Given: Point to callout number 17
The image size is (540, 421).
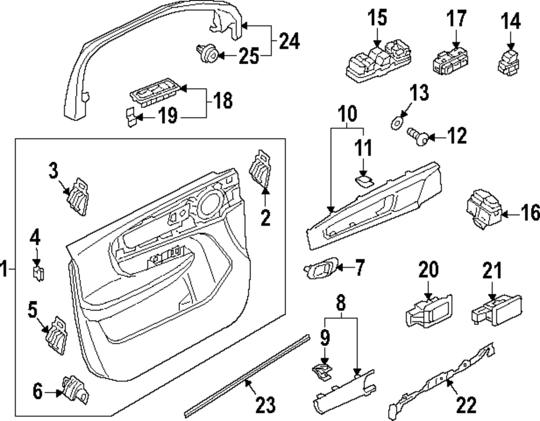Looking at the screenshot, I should click(x=456, y=19).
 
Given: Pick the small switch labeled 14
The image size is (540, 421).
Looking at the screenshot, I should click(x=509, y=60).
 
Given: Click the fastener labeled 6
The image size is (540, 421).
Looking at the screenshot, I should click(x=73, y=387).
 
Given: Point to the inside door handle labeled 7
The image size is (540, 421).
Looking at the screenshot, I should click(x=322, y=267).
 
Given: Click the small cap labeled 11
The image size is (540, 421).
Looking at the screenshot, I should click(x=363, y=180).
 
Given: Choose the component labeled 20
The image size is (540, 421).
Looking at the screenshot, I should click(x=428, y=311).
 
